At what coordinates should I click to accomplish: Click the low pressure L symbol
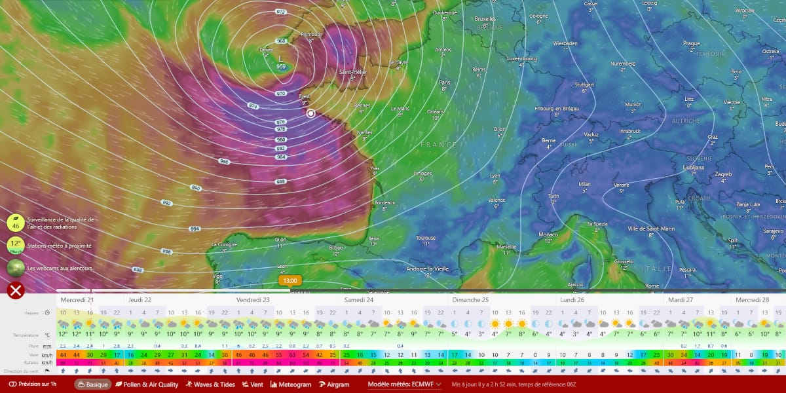click(x=281, y=59)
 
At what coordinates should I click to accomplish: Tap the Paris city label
click(x=445, y=83)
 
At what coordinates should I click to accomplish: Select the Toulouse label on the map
click(x=426, y=238)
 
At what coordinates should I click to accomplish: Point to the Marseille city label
click(x=506, y=247)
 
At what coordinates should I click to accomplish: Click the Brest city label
click(x=305, y=96)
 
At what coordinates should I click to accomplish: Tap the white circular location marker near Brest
click(x=311, y=113)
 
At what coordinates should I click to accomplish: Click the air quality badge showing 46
click(x=16, y=223)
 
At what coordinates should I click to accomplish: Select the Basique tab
click(x=92, y=384)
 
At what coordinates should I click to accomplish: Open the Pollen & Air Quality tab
click(x=147, y=384)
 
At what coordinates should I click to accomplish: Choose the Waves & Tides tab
click(x=209, y=384)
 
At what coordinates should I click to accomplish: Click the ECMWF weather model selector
click(x=404, y=384)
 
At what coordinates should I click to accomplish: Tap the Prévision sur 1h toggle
click(x=33, y=384)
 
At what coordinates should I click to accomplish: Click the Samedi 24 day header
click(x=359, y=299)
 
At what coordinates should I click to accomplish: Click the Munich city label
click(x=633, y=104)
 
